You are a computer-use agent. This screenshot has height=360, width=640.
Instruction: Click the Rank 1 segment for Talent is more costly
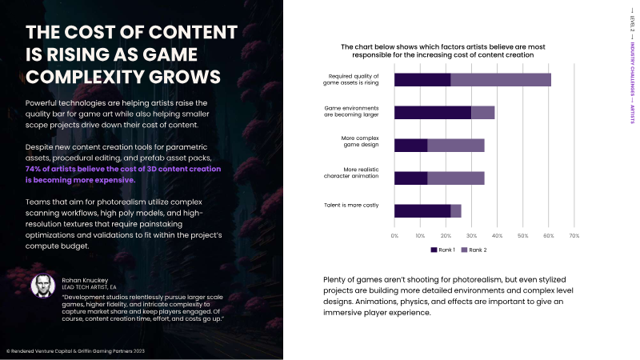422,210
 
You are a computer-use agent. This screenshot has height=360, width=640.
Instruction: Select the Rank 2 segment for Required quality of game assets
501,79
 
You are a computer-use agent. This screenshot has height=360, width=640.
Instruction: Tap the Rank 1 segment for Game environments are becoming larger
433,112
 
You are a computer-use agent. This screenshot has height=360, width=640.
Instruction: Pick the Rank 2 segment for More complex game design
456,145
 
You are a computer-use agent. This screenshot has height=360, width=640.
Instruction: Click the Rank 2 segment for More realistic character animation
456,178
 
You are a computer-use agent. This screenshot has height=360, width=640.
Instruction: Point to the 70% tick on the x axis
573,235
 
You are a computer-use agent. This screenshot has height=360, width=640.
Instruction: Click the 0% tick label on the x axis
394,235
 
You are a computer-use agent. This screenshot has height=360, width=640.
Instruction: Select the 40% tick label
497,235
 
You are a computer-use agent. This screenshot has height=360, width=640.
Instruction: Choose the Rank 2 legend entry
471,250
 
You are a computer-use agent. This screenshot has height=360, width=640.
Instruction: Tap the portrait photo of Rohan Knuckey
42,286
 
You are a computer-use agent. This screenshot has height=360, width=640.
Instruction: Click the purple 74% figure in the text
35,170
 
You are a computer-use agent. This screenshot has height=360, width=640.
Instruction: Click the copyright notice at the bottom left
76,351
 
